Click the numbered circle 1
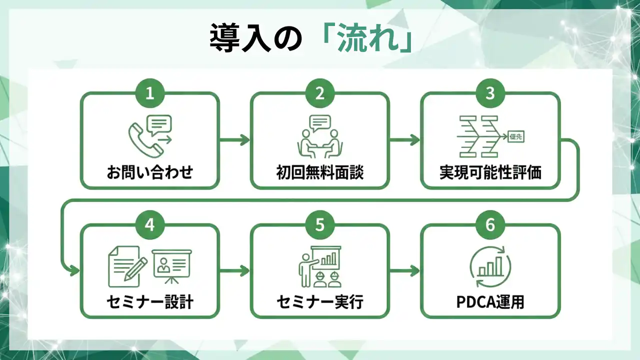[x=150, y=93]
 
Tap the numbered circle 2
[x=320, y=93]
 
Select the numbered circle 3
[x=490, y=93]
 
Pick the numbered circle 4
[x=150, y=225]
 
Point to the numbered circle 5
[x=320, y=225]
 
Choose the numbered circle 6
[x=490, y=225]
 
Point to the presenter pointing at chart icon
[x=320, y=266]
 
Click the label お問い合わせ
[x=150, y=172]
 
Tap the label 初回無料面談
[x=320, y=172]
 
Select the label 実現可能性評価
[x=490, y=172]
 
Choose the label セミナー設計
[x=150, y=302]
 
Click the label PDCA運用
[x=490, y=302]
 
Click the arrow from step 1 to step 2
[x=234, y=140]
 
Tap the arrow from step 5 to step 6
[x=404, y=271]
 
